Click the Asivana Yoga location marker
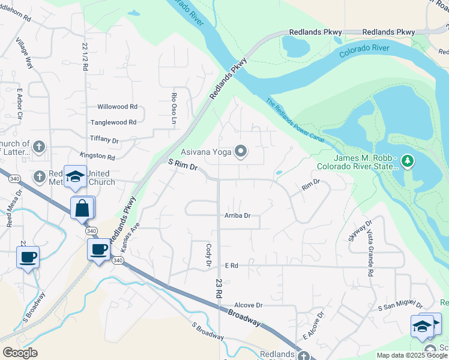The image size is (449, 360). (x=241, y=151)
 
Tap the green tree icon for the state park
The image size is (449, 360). (x=408, y=161)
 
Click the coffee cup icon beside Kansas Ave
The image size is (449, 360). (x=98, y=249)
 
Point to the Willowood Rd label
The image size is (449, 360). (x=117, y=107)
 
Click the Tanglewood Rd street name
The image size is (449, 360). (x=113, y=122)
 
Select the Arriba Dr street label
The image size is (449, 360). (x=237, y=215)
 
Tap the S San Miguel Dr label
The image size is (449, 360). (x=400, y=307)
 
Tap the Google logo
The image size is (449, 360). (x=20, y=353)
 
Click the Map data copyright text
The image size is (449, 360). (x=411, y=355)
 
